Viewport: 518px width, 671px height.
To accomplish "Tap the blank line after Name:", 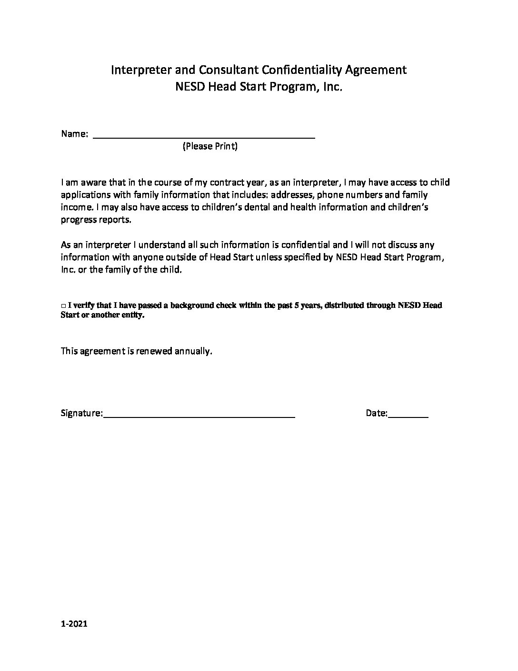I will click(204, 136).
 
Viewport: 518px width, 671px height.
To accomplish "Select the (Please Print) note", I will click(210, 146).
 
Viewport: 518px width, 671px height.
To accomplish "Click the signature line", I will click(199, 415).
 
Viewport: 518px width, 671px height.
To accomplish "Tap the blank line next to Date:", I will click(408, 415).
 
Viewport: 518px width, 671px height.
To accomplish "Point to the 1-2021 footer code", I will click(74, 624).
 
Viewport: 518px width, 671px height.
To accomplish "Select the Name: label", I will click(74, 134).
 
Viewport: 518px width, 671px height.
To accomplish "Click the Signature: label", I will click(81, 413).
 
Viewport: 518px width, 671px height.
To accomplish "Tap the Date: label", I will click(377, 413).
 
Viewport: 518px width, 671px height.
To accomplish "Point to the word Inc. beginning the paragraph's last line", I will click(68, 270).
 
